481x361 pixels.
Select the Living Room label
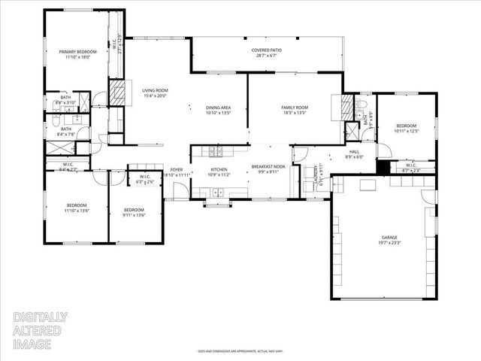154,92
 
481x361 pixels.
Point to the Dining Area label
218,108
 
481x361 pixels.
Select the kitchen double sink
219,193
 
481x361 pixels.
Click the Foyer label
177,170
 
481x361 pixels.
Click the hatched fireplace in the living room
116,93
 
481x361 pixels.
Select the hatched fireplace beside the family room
346,108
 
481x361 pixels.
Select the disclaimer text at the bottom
239,350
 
